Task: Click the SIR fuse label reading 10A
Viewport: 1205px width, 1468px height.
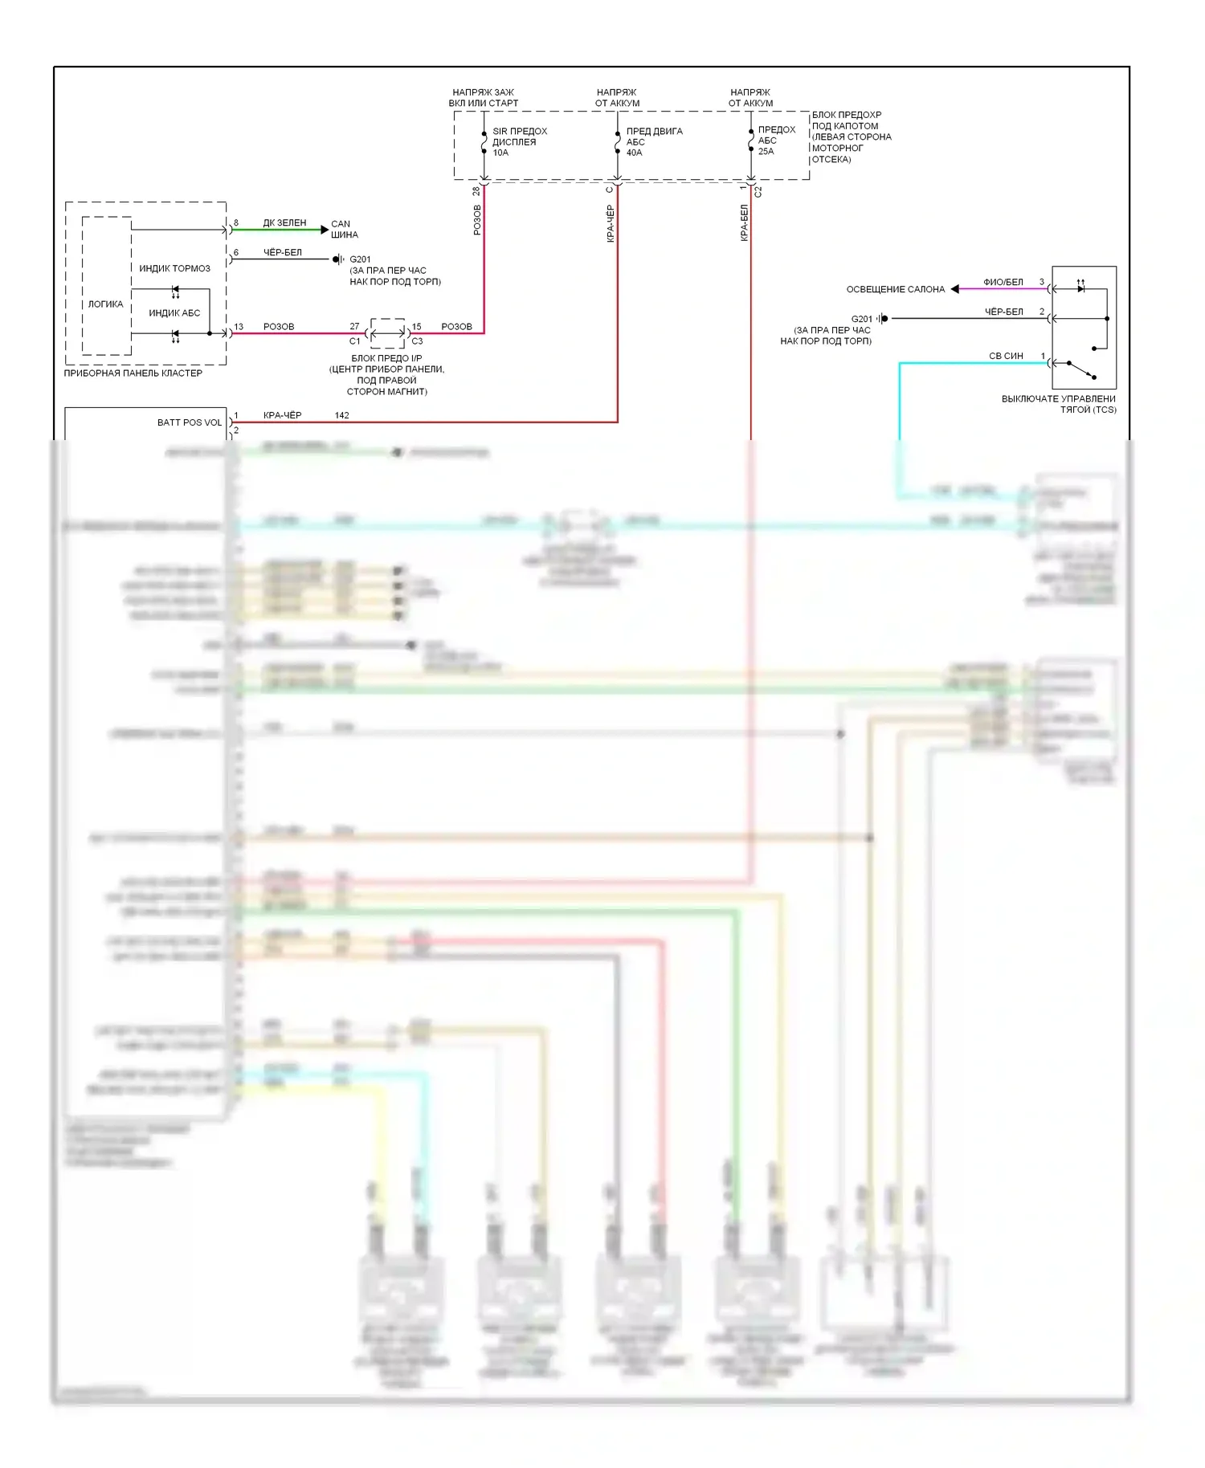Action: click(x=500, y=153)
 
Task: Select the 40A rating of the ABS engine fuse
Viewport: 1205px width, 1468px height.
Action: click(x=634, y=153)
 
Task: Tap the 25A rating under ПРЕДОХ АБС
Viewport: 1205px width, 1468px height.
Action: click(x=766, y=151)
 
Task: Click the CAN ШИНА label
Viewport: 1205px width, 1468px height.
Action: click(x=344, y=230)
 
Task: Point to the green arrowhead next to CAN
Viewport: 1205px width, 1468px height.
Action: click(x=325, y=230)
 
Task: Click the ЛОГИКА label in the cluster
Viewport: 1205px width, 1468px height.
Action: click(x=106, y=304)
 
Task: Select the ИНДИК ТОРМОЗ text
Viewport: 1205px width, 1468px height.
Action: click(x=174, y=268)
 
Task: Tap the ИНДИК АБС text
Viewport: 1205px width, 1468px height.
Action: click(x=174, y=313)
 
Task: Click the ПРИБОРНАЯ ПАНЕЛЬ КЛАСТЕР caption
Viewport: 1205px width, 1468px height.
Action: click(x=133, y=373)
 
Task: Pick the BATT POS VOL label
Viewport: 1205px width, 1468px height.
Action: click(x=190, y=422)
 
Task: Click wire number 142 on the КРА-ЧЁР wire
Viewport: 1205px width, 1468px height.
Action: click(x=341, y=415)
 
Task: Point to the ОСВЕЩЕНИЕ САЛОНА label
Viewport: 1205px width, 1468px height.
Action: click(x=895, y=289)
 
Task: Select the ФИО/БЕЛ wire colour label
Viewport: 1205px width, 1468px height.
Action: click(x=1003, y=282)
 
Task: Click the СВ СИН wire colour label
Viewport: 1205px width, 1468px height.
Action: click(x=1006, y=356)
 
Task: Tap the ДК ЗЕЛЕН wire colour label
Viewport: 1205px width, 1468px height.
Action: click(x=284, y=222)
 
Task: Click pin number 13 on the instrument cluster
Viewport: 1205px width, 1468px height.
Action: click(x=239, y=327)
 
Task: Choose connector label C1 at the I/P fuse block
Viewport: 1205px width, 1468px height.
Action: click(x=354, y=341)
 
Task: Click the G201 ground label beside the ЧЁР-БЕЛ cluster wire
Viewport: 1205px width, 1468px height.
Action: click(x=360, y=259)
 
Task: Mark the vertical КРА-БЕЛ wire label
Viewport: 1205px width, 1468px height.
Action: click(x=744, y=222)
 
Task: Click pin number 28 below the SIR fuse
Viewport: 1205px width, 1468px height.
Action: click(x=476, y=191)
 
